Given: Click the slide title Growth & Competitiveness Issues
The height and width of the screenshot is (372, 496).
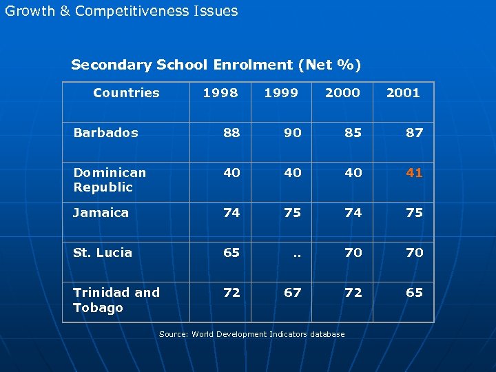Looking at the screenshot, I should click(x=121, y=11).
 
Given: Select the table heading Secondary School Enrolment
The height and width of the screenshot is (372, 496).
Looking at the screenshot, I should click(x=216, y=65).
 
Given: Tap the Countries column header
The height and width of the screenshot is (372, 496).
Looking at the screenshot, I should click(x=126, y=93).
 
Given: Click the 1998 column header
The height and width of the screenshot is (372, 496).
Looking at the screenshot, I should click(x=220, y=93).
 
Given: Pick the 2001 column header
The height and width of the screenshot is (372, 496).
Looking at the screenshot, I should click(x=403, y=93).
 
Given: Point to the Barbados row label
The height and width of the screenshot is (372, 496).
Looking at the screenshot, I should click(x=105, y=132).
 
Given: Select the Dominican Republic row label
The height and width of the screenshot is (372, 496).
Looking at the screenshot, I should click(x=110, y=180).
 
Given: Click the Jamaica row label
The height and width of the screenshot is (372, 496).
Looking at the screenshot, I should click(x=101, y=213).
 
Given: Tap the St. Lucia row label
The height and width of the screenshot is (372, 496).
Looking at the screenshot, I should click(x=103, y=253).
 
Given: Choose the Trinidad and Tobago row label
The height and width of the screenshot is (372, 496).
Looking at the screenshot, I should click(x=116, y=300).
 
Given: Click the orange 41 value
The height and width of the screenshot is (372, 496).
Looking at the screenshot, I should click(x=414, y=173).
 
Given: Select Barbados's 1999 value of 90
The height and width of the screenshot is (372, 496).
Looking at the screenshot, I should click(x=293, y=133).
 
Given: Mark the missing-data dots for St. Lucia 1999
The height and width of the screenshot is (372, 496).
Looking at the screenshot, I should click(x=297, y=254).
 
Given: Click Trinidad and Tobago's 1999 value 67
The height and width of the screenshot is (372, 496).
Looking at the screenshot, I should click(x=293, y=293).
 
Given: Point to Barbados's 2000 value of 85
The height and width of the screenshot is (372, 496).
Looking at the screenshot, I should click(x=353, y=133).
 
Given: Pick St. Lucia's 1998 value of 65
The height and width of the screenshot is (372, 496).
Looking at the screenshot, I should click(x=231, y=253).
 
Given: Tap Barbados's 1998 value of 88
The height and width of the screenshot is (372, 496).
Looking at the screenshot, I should click(x=231, y=133).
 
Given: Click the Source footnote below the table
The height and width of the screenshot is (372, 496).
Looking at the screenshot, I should click(x=251, y=334).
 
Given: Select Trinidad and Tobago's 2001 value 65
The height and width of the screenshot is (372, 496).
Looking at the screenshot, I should click(x=414, y=293).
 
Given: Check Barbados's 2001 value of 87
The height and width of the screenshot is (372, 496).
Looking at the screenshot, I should click(x=414, y=133).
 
